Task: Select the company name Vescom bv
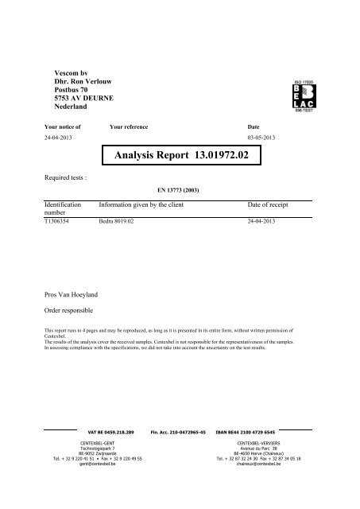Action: pos(60,72)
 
